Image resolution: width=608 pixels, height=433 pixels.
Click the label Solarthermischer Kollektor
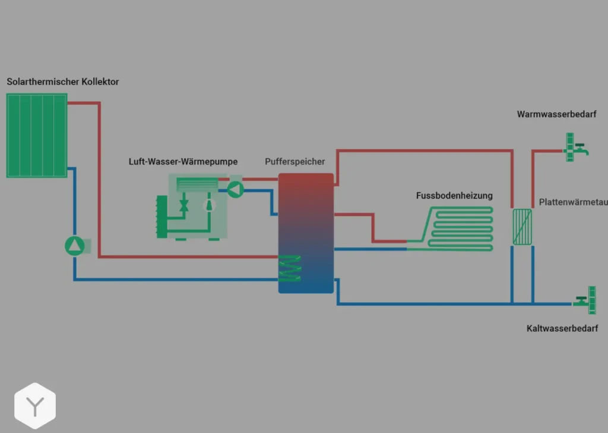[62, 81]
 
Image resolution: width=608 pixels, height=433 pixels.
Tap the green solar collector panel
[37, 135]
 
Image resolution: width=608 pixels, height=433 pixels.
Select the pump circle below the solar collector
[75, 245]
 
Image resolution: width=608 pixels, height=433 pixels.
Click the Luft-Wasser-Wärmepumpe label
[183, 162]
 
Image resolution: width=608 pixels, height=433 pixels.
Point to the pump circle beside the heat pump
[236, 189]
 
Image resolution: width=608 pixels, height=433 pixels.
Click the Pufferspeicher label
[295, 162]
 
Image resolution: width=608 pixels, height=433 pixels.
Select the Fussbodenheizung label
[454, 196]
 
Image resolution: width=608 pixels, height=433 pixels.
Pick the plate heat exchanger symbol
[522, 226]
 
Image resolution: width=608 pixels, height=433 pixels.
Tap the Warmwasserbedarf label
[556, 114]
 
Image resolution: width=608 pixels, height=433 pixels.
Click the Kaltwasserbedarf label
[562, 328]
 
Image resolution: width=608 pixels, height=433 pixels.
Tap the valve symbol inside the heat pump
[183, 205]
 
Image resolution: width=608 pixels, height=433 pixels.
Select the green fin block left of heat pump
[161, 217]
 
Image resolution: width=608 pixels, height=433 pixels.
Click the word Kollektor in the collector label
[100, 81]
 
